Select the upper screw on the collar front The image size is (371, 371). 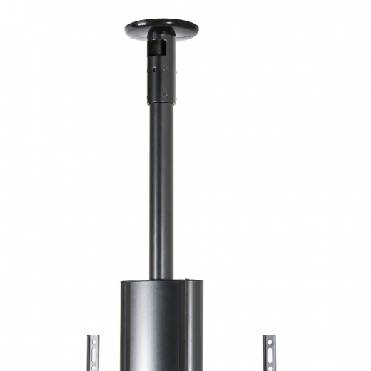(165, 70)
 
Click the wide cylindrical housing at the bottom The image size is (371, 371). (161, 328)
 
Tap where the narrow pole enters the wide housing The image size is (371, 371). (161, 278)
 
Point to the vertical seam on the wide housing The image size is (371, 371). (180, 328)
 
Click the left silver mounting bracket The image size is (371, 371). (93, 353)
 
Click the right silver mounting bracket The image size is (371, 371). (269, 353)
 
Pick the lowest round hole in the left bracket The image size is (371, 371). (93, 367)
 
